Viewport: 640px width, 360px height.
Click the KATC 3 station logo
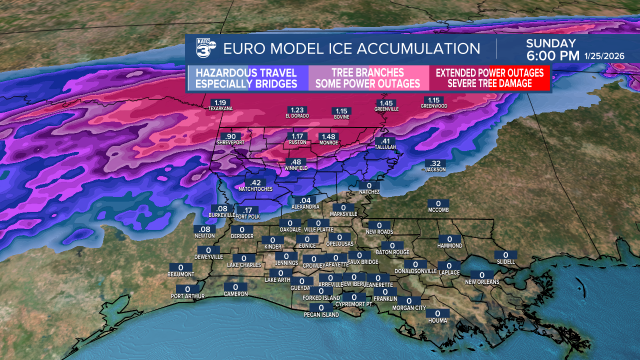(x=204, y=48)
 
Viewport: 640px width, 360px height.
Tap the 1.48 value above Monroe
(x=328, y=136)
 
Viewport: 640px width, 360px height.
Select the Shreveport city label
(x=230, y=142)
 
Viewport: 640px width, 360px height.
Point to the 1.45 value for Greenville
(x=386, y=102)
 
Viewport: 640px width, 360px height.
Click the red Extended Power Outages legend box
(x=489, y=78)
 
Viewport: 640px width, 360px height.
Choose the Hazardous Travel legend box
(x=246, y=78)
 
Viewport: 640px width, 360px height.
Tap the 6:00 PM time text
(x=552, y=55)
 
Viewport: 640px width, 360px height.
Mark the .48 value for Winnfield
(x=296, y=162)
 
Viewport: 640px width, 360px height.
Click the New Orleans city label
(x=482, y=282)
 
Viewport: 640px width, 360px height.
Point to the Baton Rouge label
(x=392, y=252)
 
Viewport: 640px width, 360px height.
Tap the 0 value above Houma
(x=437, y=313)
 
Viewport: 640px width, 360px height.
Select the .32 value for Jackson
(x=435, y=163)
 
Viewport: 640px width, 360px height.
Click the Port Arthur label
(x=187, y=296)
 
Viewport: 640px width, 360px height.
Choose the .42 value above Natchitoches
(x=255, y=182)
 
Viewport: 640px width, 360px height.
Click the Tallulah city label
(x=385, y=147)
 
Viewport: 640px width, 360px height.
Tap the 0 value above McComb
(x=438, y=203)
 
